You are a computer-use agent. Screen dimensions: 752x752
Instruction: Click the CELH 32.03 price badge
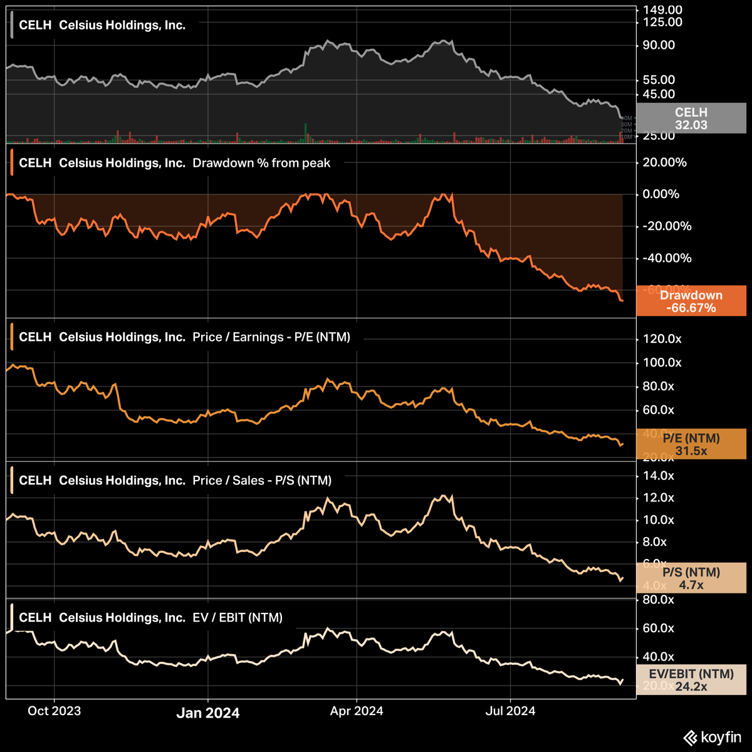(x=691, y=118)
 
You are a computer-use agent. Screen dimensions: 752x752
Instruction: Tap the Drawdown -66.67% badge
(x=691, y=301)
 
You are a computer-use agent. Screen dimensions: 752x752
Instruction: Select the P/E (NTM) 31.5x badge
(x=691, y=444)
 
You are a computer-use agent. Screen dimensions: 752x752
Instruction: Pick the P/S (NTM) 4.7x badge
(x=691, y=578)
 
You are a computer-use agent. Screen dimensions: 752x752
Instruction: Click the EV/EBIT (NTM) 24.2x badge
(x=691, y=680)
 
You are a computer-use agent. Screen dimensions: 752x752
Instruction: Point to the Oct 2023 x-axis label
(x=55, y=711)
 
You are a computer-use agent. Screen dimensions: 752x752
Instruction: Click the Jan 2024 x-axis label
(x=207, y=713)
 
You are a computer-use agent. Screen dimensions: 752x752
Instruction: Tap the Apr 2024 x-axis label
(x=357, y=711)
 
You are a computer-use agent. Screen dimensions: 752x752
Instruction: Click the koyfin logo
(x=713, y=738)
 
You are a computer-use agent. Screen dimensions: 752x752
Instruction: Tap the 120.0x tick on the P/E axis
(x=659, y=339)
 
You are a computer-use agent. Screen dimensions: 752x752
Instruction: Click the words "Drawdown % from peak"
(x=261, y=163)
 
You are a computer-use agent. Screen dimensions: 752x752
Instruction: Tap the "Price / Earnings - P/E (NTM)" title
(x=271, y=337)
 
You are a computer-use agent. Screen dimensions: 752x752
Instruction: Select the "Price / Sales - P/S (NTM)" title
(x=262, y=481)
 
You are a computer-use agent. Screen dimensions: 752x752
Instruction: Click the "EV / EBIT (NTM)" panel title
(x=238, y=618)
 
